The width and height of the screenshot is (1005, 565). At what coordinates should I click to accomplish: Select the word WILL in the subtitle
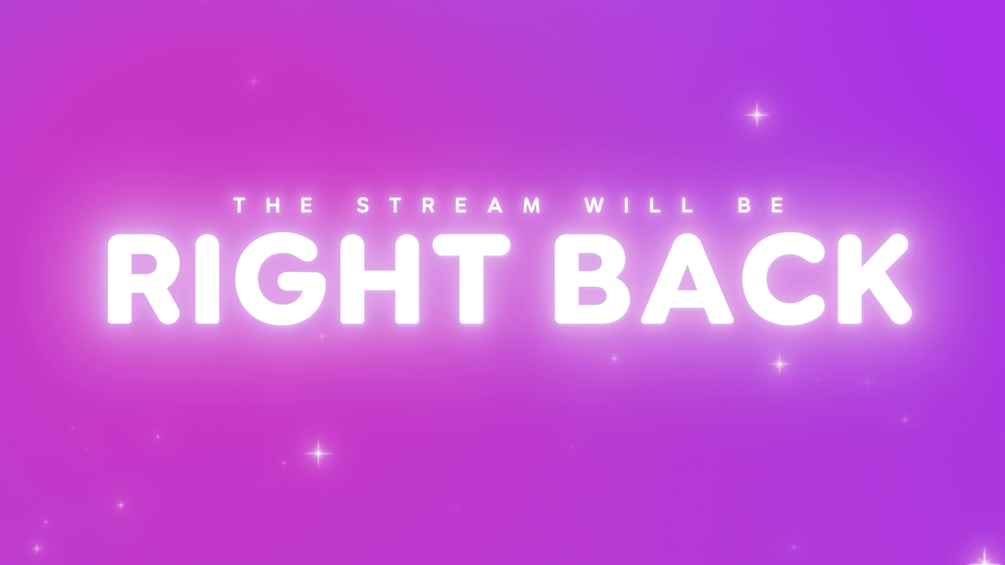click(x=639, y=205)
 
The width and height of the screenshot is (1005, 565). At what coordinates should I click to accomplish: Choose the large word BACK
click(x=733, y=278)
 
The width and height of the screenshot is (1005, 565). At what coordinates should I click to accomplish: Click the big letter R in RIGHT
click(x=141, y=278)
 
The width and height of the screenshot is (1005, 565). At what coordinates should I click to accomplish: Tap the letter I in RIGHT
click(x=207, y=278)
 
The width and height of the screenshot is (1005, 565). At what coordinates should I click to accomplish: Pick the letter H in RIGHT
click(x=379, y=278)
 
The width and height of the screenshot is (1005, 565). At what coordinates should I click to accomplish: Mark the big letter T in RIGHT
click(x=471, y=278)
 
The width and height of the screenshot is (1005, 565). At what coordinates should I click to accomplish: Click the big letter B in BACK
click(x=591, y=278)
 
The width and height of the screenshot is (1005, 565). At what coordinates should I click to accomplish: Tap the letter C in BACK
click(x=785, y=278)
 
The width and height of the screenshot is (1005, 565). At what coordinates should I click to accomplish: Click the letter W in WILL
click(x=595, y=205)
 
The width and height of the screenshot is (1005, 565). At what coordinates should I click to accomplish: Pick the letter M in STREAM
click(x=532, y=205)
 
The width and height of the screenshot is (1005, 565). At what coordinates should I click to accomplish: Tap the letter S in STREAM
click(x=363, y=205)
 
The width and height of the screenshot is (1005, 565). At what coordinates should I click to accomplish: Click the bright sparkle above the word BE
click(x=757, y=115)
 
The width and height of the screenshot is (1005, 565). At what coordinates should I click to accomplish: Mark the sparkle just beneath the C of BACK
click(x=780, y=364)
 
